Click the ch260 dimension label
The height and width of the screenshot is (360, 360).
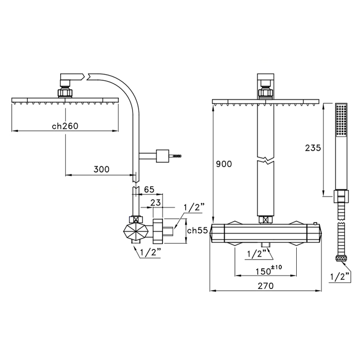tap(64, 127)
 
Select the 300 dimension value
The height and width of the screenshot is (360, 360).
tap(101, 169)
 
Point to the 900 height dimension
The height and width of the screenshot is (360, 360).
tap(224, 164)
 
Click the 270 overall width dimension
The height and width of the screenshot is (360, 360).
tap(266, 285)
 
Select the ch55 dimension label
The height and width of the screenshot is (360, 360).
tap(197, 230)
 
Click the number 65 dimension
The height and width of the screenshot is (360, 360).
tap(149, 190)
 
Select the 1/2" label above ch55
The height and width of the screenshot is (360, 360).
tap(194, 207)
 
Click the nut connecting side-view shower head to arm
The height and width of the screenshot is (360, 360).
tap(66, 94)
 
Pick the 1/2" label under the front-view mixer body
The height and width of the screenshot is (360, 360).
tap(257, 253)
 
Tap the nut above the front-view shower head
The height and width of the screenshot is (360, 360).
tap(265, 93)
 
